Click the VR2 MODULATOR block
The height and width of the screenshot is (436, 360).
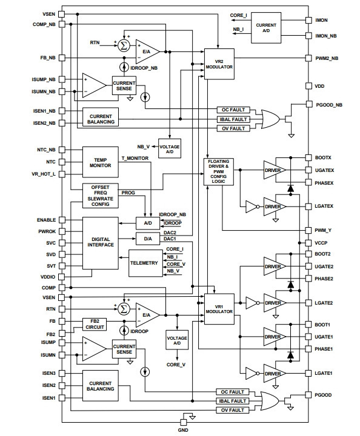coord(219,64)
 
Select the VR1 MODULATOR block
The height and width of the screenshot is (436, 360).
coord(219,309)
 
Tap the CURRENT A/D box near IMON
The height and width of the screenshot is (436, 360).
coord(266,28)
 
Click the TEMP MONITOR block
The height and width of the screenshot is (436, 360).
coord(101,162)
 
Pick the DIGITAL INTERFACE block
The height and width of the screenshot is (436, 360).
coord(101,243)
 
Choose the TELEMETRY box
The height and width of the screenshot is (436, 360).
coord(145,263)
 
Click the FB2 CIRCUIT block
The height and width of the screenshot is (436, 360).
coord(95,324)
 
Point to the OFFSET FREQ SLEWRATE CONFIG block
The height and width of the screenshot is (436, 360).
coord(101,196)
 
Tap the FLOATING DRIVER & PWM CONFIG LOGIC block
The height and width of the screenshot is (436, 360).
coord(219,171)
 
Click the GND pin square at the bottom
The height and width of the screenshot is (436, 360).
coord(184,422)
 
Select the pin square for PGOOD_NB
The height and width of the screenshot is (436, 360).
coord(308,104)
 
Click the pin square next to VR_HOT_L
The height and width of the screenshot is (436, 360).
coord(62,174)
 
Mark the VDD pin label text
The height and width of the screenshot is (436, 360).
coord(319,86)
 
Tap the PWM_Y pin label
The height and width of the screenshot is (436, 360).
coord(323,230)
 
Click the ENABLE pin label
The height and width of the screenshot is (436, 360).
coord(46,220)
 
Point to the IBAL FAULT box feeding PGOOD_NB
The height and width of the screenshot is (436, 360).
coord(233,119)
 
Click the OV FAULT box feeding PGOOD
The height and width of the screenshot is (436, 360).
coord(232,410)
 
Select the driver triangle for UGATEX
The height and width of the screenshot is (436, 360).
coord(274,170)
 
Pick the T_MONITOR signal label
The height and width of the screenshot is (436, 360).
coord(135,158)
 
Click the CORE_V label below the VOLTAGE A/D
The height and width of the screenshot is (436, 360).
coord(176,365)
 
